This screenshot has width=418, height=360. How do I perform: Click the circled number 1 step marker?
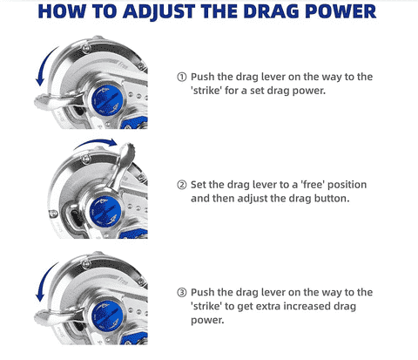tap(182, 76)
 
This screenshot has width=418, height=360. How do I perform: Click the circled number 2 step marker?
tap(182, 185)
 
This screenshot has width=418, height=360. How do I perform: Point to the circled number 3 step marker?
tap(182, 292)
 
